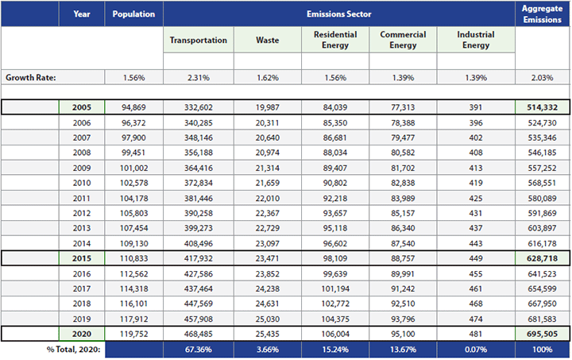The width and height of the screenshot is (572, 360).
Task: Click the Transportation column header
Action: pos(198,40)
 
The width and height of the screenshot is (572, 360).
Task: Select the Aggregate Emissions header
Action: pos(542,14)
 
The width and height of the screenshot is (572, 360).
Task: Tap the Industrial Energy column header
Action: pos(476,40)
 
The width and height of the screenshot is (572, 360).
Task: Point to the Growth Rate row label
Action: pos(31,78)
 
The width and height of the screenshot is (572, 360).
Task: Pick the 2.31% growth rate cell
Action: pos(198,78)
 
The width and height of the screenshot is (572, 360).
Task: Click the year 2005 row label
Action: pos(82,107)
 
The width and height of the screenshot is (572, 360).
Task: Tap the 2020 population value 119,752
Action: pos(133,334)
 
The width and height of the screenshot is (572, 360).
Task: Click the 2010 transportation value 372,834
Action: pos(198,184)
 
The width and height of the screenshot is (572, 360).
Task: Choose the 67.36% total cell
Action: pos(198,350)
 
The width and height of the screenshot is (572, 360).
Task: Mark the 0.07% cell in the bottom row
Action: pos(476,350)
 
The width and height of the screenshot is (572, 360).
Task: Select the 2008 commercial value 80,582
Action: pos(403,153)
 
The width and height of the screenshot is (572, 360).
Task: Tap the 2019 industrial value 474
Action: pos(476,319)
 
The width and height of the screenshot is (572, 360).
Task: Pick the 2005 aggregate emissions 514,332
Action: pos(542,107)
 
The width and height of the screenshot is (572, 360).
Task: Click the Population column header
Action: pos(133,14)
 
